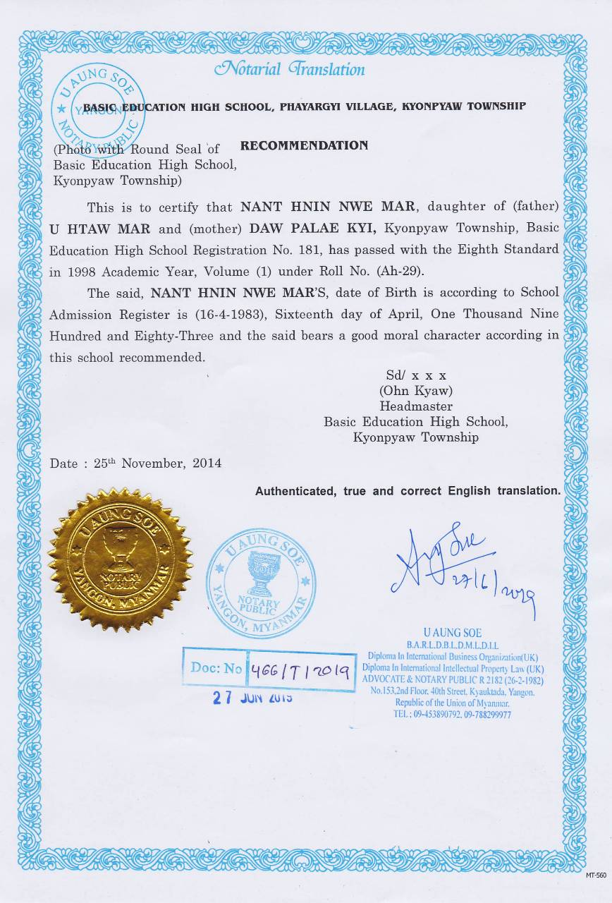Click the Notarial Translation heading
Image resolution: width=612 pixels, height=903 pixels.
pyautogui.click(x=290, y=69)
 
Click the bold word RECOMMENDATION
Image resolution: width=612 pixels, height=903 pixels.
pyautogui.click(x=304, y=145)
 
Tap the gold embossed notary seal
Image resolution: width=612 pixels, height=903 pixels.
pyautogui.click(x=121, y=559)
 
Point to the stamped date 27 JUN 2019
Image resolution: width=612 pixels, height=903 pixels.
pyautogui.click(x=252, y=698)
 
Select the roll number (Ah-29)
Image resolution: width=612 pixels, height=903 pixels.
pyautogui.click(x=401, y=271)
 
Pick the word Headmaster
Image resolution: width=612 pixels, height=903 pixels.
pyautogui.click(x=416, y=406)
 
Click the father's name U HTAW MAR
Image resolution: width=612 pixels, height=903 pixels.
pyautogui.click(x=88, y=229)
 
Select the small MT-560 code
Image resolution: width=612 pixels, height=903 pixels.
pyautogui.click(x=595, y=875)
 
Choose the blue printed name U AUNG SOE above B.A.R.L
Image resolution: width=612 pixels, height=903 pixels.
pyautogui.click(x=452, y=633)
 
